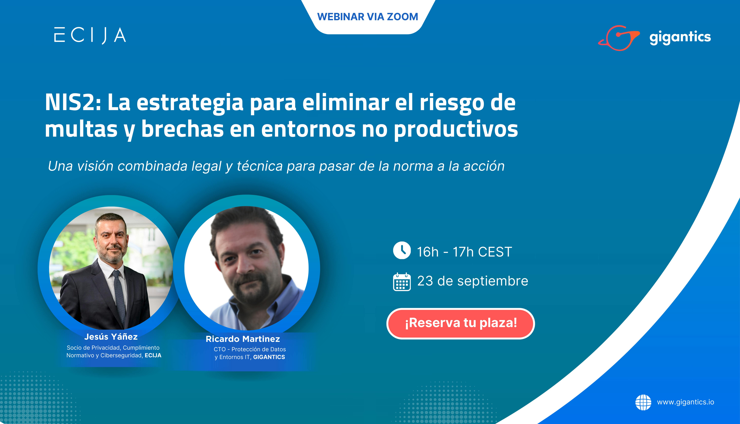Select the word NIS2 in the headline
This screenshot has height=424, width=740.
(x=73, y=103)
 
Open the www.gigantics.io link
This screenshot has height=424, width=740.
(x=686, y=402)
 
